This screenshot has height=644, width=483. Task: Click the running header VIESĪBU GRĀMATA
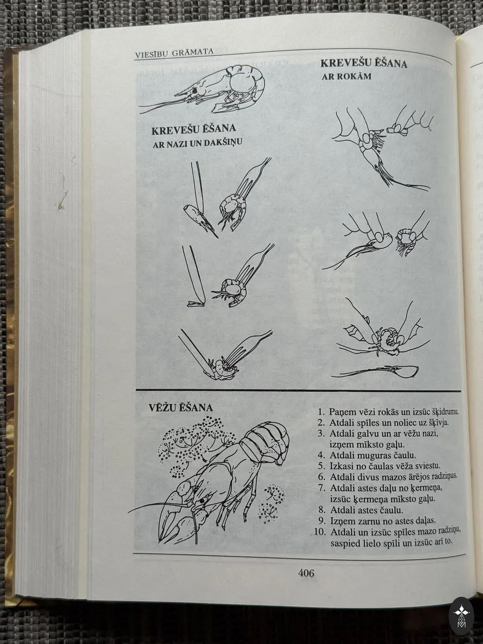[174, 53]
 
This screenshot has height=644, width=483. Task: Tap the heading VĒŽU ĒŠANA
[181, 408]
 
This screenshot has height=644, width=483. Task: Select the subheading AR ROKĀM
[346, 77]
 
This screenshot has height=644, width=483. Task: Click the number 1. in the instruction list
[321, 412]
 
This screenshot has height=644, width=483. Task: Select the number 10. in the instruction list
[320, 532]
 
